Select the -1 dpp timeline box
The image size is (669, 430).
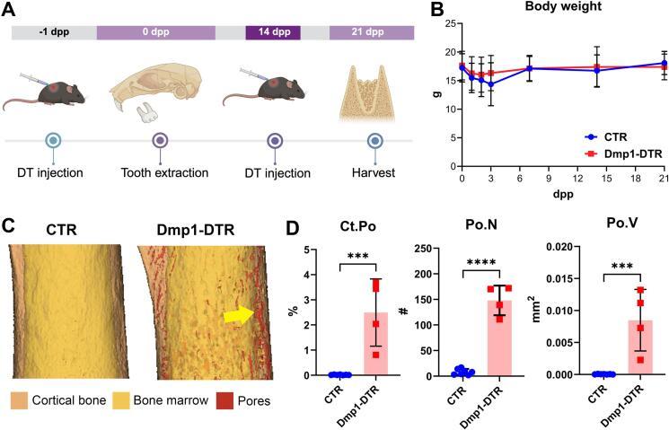pos(51,32)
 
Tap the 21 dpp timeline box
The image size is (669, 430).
pos(371,32)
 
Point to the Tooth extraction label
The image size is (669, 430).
pos(157,171)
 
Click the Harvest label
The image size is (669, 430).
pos(374,171)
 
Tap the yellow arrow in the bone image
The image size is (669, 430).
pos(240,313)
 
